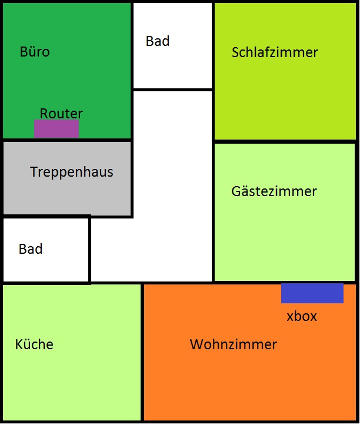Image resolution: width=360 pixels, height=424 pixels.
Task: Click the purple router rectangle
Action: coord(56,129)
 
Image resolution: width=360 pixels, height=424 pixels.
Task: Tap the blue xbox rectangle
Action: coord(312,293)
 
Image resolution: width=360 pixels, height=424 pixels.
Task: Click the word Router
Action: coord(61,113)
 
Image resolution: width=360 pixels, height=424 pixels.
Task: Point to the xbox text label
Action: coord(302,316)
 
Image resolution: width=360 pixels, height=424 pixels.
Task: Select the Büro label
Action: coord(35,51)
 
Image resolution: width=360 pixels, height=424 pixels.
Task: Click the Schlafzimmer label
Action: coord(275,52)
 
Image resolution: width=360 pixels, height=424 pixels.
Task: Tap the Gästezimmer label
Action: coord(274,191)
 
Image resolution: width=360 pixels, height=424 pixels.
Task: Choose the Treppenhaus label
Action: coord(72,172)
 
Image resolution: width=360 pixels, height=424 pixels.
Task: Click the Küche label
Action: coord(34,344)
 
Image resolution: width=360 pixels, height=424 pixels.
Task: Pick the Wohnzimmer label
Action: coord(234,344)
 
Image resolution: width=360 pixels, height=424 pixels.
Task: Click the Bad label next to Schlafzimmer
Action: coord(158,41)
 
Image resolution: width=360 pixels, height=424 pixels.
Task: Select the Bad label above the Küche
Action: coord(31,249)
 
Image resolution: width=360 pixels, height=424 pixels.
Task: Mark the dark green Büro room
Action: coord(66,81)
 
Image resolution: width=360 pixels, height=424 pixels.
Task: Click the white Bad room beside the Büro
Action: coord(172,65)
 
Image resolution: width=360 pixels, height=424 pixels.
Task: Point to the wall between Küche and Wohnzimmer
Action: coord(142,352)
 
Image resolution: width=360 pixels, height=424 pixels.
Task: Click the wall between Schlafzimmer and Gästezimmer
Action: coord(285,141)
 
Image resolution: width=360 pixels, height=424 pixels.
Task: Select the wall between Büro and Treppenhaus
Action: coord(66,140)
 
